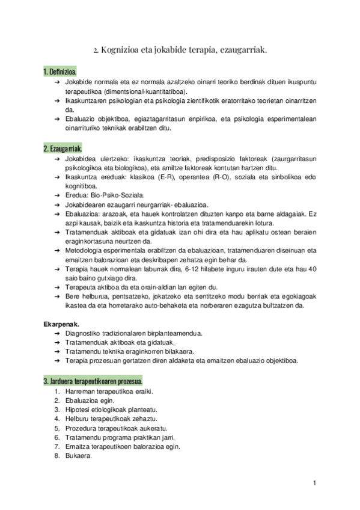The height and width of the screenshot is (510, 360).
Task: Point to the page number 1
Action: tap(314, 483)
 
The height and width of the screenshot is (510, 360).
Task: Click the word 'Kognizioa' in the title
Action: tap(123, 51)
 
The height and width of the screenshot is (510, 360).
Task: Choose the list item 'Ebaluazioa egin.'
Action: tap(90, 400)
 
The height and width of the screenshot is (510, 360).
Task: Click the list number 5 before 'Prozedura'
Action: tap(56, 428)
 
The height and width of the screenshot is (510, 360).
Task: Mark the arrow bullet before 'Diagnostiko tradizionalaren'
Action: tap(56, 333)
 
